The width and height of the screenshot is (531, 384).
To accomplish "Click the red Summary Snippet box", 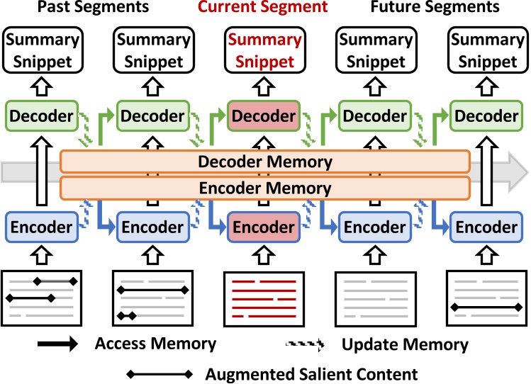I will [263, 51].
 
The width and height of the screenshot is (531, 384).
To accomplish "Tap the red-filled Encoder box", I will [263, 227].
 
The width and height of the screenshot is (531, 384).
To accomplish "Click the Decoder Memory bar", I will [265, 162].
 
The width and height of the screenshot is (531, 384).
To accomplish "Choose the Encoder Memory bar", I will [265, 188].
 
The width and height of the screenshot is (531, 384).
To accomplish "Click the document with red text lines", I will [263, 298].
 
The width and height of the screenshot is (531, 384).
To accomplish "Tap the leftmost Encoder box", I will [41, 227].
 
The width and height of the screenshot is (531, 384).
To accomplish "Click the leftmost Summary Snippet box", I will [42, 51].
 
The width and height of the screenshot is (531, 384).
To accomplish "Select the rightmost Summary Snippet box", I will [486, 51].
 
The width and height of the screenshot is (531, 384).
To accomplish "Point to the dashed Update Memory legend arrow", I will [303, 346].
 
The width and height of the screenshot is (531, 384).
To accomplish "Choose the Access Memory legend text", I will [155, 345].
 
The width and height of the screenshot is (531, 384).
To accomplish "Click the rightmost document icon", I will [486, 298].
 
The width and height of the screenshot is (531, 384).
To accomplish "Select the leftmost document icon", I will [42, 298].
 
